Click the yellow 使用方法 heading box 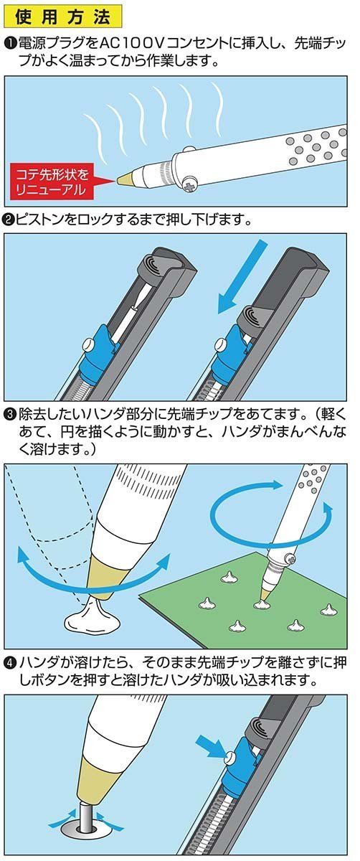(x=63, y=17)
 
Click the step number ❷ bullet (x=10, y=220)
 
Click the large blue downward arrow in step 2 (x=241, y=276)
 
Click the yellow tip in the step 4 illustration (x=93, y=781)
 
